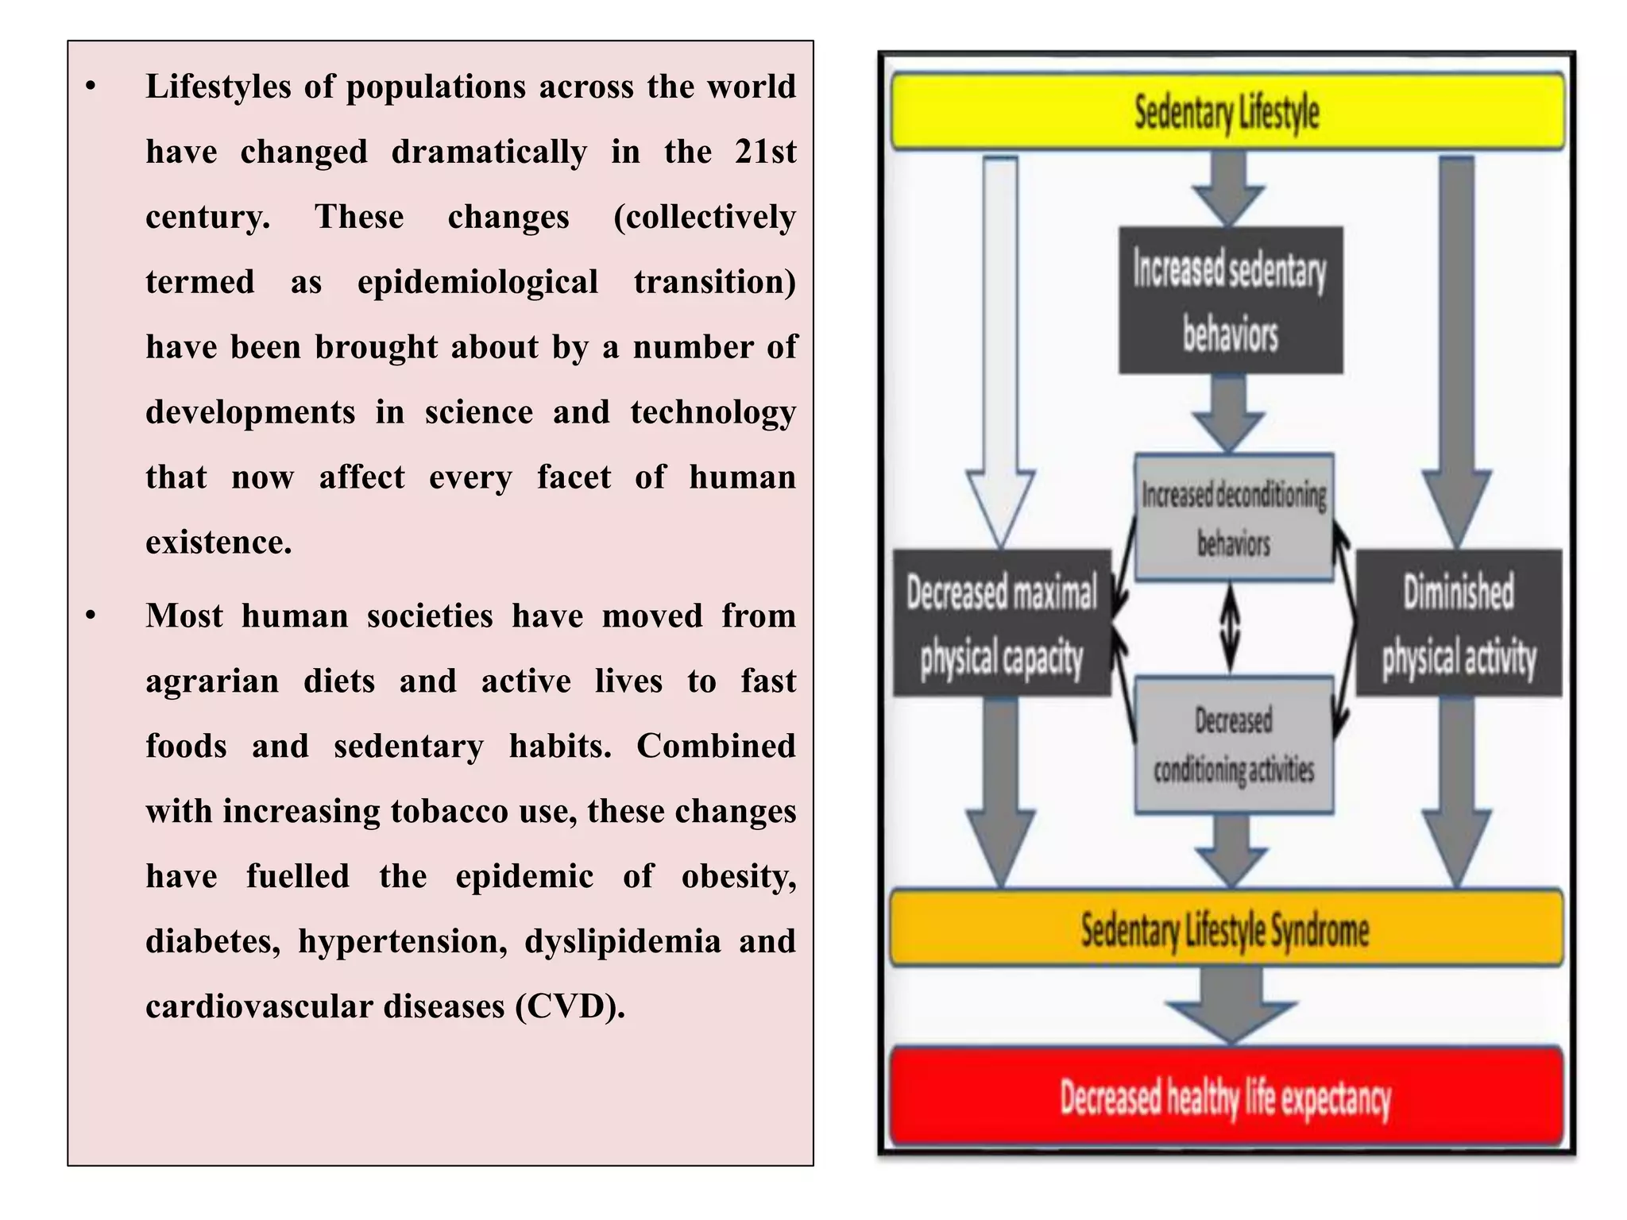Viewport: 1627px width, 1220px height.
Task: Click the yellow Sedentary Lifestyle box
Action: pyautogui.click(x=1227, y=111)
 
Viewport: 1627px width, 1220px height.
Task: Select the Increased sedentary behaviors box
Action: pyautogui.click(x=1231, y=300)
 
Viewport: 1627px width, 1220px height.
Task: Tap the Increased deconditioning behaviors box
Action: pyautogui.click(x=1234, y=518)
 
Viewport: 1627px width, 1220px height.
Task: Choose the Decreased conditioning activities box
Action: pyautogui.click(x=1234, y=745)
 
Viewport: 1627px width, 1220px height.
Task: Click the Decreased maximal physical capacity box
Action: pyautogui.click(x=1002, y=624)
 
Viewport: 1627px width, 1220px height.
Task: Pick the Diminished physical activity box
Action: pyautogui.click(x=1459, y=624)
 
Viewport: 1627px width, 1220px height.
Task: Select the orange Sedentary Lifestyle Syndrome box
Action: pyautogui.click(x=1226, y=929)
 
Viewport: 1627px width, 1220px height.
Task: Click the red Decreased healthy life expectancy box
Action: pyautogui.click(x=1226, y=1097)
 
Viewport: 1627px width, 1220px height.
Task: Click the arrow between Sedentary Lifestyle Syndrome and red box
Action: pyautogui.click(x=1231, y=1007)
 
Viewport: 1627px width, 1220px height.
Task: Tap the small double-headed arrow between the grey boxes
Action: pyautogui.click(x=1230, y=628)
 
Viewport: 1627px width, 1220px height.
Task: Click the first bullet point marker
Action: pyautogui.click(x=91, y=87)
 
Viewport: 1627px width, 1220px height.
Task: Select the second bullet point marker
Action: pyautogui.click(x=91, y=616)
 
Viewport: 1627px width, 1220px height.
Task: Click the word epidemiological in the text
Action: pyautogui.click(x=477, y=283)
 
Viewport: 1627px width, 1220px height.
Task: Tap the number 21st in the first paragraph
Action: pyautogui.click(x=765, y=152)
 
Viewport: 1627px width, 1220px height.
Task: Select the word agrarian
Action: pyautogui.click(x=212, y=681)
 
